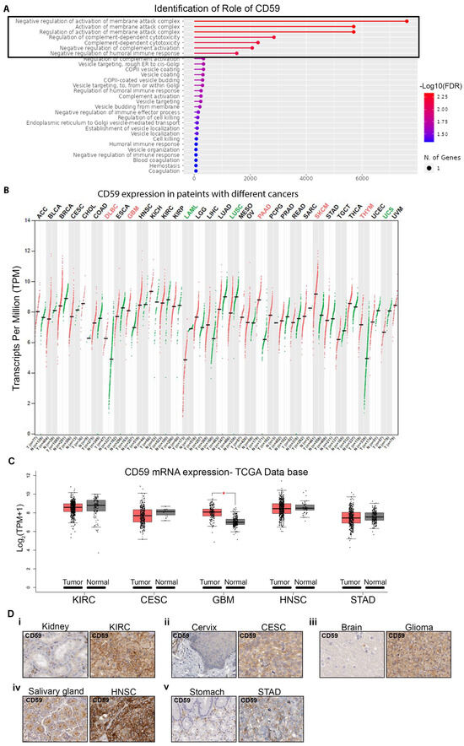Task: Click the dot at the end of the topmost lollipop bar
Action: pos(407,20)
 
